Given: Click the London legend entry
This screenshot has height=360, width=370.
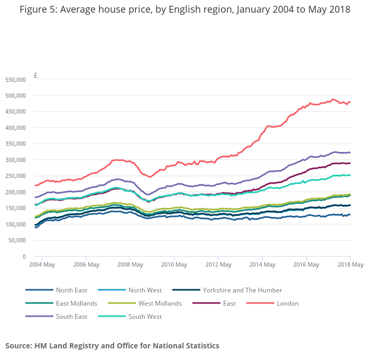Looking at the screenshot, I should point(288,304).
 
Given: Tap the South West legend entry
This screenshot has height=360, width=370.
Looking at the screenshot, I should point(145,317).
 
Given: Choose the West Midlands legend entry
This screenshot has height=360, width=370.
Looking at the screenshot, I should point(160,304).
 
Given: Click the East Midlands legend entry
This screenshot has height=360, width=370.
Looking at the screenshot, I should point(77,304).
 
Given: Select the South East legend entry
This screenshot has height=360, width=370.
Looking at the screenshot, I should point(71,317).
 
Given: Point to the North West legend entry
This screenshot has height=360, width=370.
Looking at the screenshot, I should point(145,290).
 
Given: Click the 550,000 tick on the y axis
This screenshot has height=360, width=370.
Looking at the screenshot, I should point(15,80).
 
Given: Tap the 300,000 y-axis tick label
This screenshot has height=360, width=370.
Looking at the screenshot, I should point(15,160).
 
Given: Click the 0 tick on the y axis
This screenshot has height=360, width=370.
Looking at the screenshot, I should point(24,257).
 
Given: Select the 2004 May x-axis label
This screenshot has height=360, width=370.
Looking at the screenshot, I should point(42,264).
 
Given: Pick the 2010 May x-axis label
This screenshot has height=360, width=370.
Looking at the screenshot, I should point(174,264).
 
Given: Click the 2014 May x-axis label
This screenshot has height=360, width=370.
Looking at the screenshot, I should point(262,264).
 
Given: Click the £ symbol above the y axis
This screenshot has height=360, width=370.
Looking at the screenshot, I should point(35,75).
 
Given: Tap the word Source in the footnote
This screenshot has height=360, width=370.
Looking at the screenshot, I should point(18,346).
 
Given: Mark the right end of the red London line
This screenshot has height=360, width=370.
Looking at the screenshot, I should point(350,102).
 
